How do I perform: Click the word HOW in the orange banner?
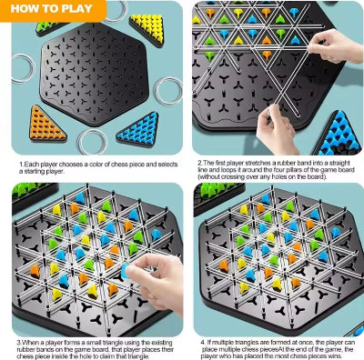click(x=24, y=8)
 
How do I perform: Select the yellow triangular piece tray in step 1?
click(x=147, y=30)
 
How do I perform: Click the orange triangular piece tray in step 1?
click(x=46, y=124)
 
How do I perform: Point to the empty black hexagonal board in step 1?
click(x=95, y=74)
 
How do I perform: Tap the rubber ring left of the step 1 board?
click(x=23, y=68)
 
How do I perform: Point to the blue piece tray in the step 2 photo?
click(x=339, y=135)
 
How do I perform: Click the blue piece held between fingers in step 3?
click(x=125, y=271)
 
